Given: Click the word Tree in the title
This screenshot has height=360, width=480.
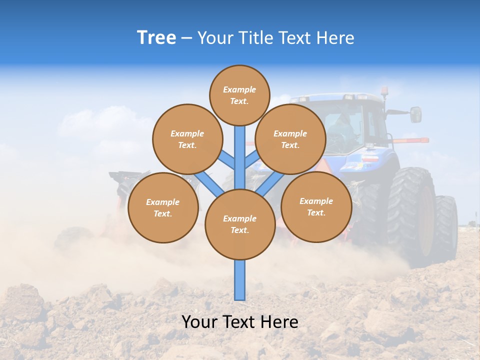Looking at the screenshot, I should pos(156,38).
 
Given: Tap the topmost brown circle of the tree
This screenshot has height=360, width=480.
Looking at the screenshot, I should pos(239,95).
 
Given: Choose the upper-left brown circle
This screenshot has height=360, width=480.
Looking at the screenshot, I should pos(187,139).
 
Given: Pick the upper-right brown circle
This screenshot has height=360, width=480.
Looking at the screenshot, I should pos(290,139).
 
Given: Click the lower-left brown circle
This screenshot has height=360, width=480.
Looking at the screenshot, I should pos(162,207).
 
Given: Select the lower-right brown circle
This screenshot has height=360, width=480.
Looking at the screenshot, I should pos(316,206).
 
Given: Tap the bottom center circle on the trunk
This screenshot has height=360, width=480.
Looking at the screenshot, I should pos(240,224).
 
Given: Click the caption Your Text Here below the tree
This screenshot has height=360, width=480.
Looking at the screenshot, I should pos(240,322).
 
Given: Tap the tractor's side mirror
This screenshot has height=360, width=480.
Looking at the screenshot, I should pos(415,114).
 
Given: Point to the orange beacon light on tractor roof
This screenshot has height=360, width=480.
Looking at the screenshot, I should pos(384,91).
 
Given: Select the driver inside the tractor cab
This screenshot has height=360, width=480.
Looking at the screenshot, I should pos(344,125).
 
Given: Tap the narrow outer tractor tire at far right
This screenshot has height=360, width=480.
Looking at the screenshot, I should pos(446,225).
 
